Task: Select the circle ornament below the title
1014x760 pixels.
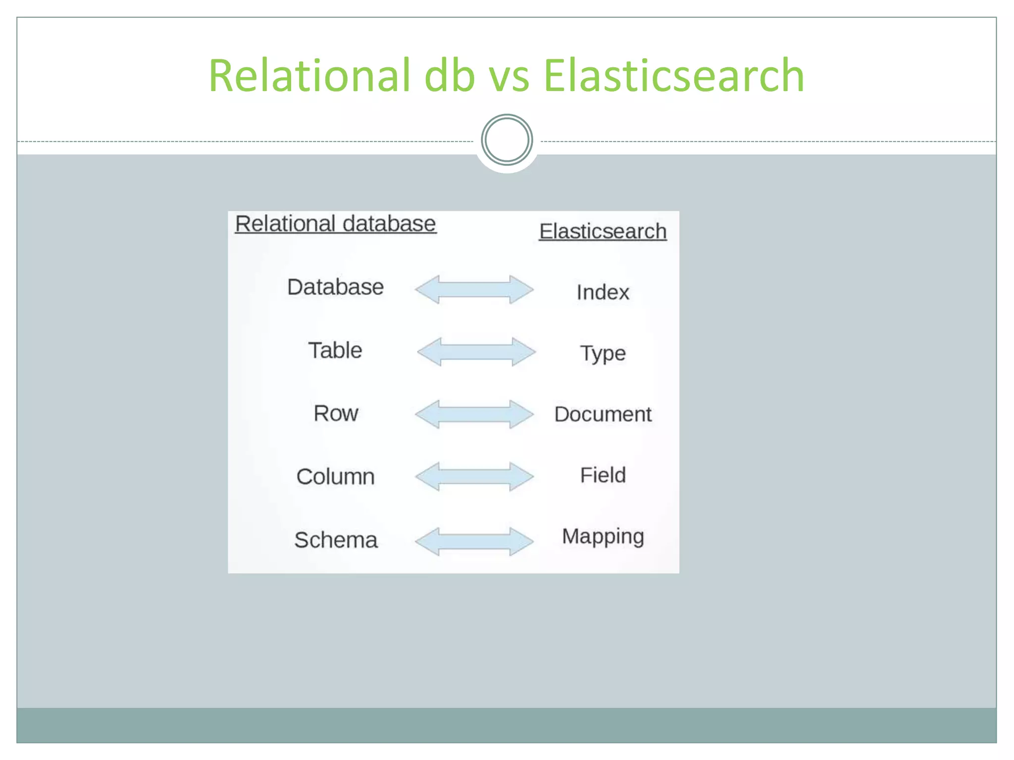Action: [507, 140]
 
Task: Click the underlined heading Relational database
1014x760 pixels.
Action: [335, 224]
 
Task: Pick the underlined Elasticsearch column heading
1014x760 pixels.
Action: [603, 231]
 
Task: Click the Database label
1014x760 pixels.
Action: [335, 287]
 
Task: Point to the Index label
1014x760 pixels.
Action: [603, 292]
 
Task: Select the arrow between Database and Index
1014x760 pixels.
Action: [474, 289]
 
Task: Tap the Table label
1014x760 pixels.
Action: [335, 350]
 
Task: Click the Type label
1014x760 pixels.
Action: [603, 353]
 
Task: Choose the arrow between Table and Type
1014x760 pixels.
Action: [476, 352]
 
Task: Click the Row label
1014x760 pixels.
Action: [335, 413]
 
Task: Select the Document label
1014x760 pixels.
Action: [603, 414]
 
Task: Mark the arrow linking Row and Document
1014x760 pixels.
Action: [474, 414]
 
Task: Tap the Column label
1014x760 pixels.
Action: [335, 476]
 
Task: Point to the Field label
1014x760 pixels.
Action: [603, 475]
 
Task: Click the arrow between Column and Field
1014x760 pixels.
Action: [474, 476]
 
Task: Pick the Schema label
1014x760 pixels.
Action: [335, 540]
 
